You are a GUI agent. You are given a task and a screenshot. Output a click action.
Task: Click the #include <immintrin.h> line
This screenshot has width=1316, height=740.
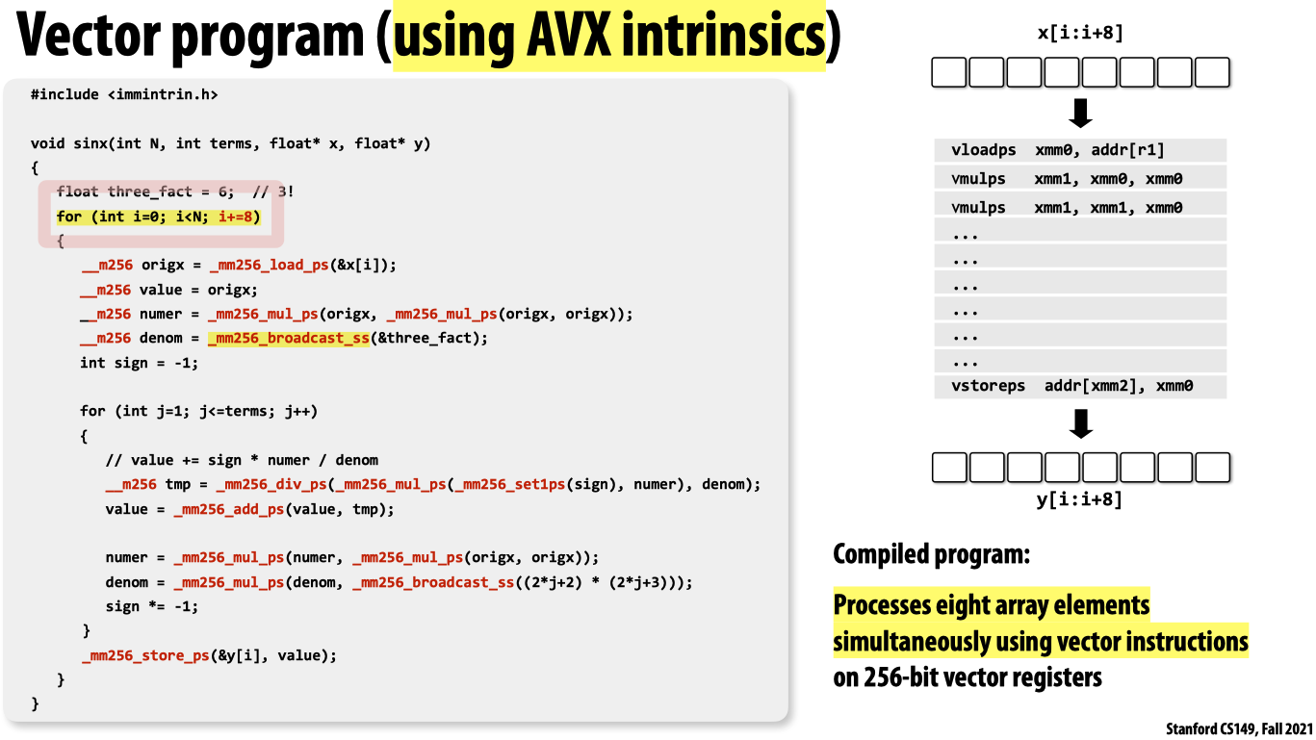(x=124, y=95)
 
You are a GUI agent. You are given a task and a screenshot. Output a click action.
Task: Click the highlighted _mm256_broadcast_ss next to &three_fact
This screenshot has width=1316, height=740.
(x=288, y=338)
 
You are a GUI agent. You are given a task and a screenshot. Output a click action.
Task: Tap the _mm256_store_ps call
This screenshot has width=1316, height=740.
(x=145, y=655)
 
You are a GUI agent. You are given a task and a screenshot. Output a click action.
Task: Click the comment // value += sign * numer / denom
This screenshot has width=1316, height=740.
(x=242, y=460)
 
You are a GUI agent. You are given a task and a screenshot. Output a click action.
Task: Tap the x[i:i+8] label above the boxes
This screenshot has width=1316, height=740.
(x=1080, y=35)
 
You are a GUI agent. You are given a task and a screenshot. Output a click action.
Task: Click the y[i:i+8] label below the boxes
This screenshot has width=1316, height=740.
(x=1080, y=499)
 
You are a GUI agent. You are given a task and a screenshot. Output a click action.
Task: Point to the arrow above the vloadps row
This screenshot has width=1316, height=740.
(x=1080, y=113)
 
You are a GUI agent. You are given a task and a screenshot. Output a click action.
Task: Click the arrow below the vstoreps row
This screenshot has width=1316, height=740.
(x=1080, y=423)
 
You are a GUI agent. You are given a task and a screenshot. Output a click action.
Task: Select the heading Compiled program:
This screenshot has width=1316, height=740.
(x=931, y=554)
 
